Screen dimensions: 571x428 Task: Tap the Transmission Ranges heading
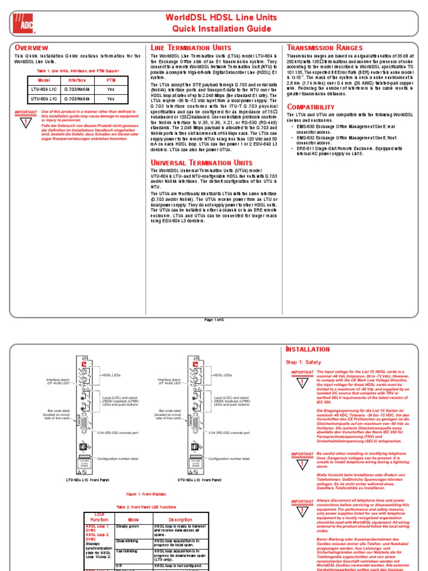324,48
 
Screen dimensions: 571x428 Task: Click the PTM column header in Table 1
110,80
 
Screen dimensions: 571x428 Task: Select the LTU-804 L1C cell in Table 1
45,89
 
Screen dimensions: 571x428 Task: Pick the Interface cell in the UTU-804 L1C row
77,99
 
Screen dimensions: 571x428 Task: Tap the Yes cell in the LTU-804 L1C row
110,89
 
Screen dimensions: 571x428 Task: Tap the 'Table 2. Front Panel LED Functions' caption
145,506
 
